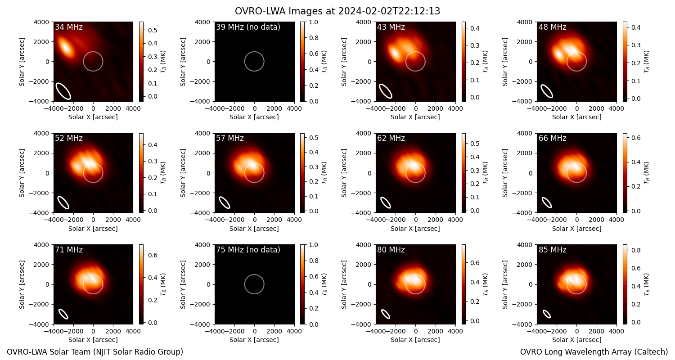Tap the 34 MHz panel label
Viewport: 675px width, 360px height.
tap(69, 27)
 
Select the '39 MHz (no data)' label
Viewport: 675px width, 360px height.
tap(248, 27)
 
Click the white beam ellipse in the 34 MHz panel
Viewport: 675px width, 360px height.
tap(63, 91)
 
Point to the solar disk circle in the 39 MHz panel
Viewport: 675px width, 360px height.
tap(254, 52)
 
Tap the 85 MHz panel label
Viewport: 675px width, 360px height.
tap(552, 250)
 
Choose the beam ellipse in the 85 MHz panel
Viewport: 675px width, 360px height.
tap(547, 314)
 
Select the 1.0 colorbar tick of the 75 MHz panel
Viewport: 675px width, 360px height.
tap(314, 245)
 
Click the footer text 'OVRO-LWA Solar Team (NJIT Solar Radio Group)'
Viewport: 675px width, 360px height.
tap(95, 352)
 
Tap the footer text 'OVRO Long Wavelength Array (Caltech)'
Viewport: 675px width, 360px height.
tap(594, 352)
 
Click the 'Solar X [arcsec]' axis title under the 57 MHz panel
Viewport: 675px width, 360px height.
tap(254, 229)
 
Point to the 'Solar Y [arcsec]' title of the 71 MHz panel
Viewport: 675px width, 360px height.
tap(22, 284)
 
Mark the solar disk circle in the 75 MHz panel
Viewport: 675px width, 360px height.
tap(254, 275)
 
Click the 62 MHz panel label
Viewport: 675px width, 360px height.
tap(391, 138)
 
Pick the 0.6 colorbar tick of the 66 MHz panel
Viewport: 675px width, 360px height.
tap(636, 138)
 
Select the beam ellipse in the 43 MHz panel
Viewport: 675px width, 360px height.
tap(385, 91)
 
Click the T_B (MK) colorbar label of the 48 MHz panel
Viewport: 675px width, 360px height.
tap(646, 62)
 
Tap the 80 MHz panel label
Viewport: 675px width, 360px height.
tap(391, 250)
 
